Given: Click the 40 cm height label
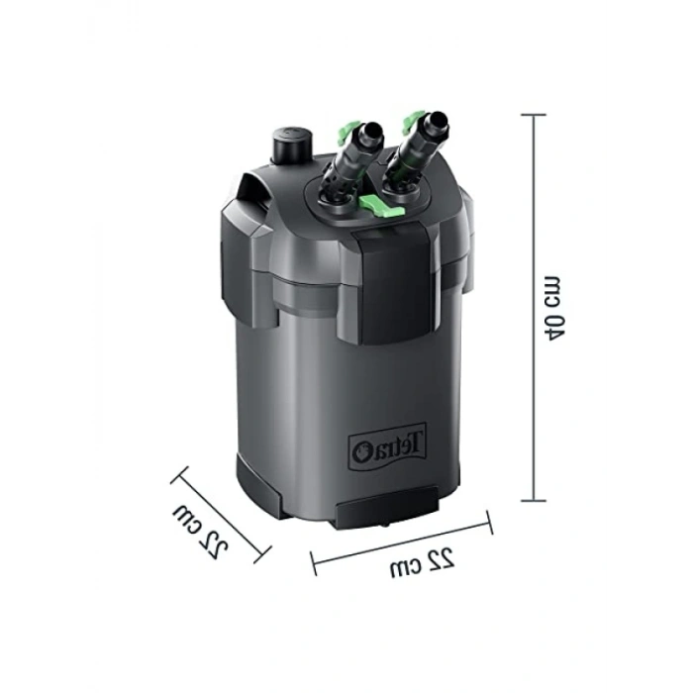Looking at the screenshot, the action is pyautogui.click(x=552, y=308).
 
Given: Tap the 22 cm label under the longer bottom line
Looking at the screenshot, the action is pyautogui.click(x=422, y=563).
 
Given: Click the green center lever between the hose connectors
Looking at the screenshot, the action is pyautogui.click(x=381, y=206).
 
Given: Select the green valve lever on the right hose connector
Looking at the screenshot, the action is pyautogui.click(x=411, y=121).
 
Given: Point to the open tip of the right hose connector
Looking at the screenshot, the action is pyautogui.click(x=438, y=120).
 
